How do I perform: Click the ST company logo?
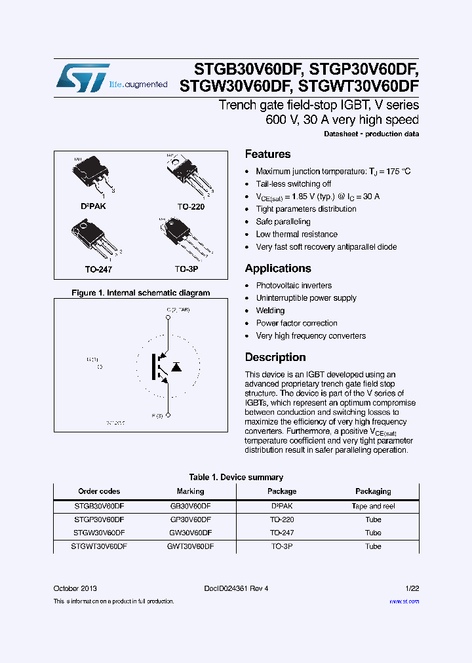83,77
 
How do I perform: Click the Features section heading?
267,155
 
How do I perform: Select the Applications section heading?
278,269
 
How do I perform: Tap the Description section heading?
275,358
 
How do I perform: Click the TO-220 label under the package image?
191,206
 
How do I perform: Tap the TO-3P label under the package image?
187,269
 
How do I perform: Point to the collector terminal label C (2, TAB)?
178,309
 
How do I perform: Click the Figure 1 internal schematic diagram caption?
140,293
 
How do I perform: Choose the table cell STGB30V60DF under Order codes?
99,506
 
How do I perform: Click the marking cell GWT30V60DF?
190,546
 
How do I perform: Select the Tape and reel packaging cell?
373,506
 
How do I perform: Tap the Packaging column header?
373,491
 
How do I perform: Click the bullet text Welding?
270,311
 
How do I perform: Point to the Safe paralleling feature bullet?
283,222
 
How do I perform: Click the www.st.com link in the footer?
404,601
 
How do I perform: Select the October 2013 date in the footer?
75,588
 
